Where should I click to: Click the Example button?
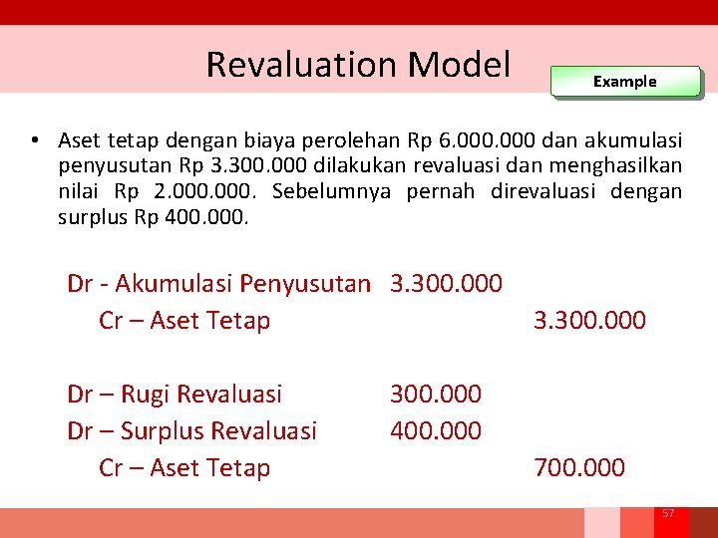point(625,82)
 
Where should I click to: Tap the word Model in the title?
point(460,64)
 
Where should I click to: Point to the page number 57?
point(668,513)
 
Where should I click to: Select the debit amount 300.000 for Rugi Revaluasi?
point(436,394)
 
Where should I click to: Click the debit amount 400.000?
point(436,430)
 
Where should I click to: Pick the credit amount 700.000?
point(579,467)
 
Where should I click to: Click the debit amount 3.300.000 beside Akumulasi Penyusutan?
point(446,283)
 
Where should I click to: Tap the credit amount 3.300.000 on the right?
point(589,320)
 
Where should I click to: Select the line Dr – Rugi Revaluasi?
point(175,394)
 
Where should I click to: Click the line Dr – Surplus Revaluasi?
point(191,430)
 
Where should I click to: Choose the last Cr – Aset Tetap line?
point(184,467)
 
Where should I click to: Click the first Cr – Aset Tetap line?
point(184,320)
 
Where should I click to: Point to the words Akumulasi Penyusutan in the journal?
point(242,283)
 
